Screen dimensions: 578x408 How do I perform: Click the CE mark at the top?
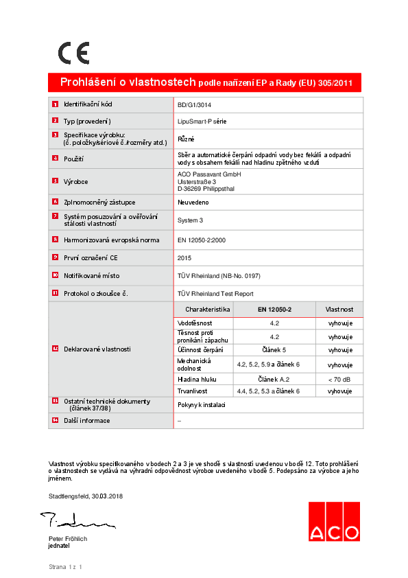[73, 52]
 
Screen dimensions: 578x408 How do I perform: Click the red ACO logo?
[333, 522]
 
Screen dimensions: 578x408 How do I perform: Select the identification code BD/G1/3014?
[195, 105]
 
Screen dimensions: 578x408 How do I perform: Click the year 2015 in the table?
[184, 257]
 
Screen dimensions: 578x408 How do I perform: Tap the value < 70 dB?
[339, 379]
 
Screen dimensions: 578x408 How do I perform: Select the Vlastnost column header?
[339, 310]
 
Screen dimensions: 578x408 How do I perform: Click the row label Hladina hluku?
[197, 379]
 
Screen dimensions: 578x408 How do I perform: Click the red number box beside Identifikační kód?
[55, 104]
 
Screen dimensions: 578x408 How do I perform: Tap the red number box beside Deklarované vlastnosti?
[55, 349]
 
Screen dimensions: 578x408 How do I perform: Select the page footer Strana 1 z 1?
[65, 567]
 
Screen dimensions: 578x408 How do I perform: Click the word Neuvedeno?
[193, 203]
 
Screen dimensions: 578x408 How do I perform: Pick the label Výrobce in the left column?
[75, 181]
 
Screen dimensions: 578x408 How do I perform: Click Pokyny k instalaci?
[202, 405]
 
